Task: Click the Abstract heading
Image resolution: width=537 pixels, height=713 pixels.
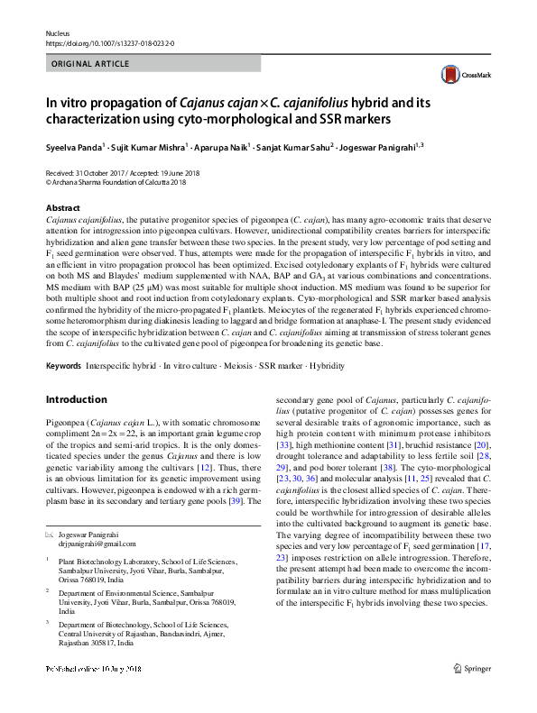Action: [x=63, y=207]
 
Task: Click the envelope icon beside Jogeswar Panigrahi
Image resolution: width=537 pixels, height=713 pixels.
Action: [x=49, y=534]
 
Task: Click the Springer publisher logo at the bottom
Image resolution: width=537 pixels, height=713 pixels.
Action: [x=471, y=693]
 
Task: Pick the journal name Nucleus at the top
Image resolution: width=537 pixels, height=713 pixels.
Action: [x=57, y=32]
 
